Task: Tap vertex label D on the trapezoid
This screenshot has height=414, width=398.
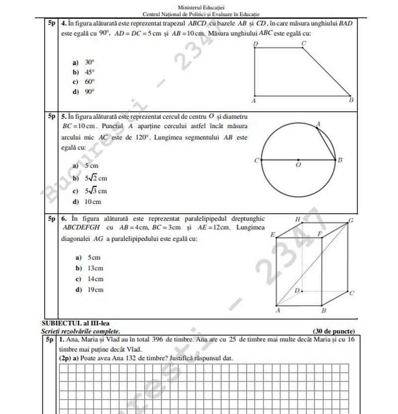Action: pyautogui.click(x=255, y=44)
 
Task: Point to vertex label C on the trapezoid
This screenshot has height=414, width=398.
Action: pyautogui.click(x=303, y=44)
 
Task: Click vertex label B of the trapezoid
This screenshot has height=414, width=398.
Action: pyautogui.click(x=351, y=100)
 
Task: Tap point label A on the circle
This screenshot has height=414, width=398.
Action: pyautogui.click(x=318, y=124)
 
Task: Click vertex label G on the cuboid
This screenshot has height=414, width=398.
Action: pyautogui.click(x=351, y=220)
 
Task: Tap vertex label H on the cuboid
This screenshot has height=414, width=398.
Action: pyautogui.click(x=298, y=219)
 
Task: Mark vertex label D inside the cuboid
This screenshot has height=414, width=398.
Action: pyautogui.click(x=297, y=290)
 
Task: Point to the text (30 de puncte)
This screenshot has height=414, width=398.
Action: pyautogui.click(x=333, y=331)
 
